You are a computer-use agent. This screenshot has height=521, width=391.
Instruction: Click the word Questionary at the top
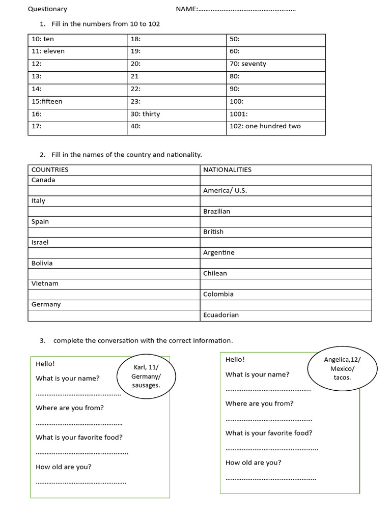point(47,9)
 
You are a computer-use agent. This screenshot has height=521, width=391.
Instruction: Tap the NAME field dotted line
point(247,10)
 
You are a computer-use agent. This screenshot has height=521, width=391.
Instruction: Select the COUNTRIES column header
point(50,170)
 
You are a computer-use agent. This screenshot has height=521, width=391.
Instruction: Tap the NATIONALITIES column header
point(227,170)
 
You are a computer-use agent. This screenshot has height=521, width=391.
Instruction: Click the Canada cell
point(43,180)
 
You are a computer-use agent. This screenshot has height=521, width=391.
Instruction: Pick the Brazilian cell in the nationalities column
point(217,211)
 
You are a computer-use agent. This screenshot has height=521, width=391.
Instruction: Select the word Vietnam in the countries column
point(45,283)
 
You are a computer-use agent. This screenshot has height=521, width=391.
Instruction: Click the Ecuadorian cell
point(221,315)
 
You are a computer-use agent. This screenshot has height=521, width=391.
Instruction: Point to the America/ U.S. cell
point(225,190)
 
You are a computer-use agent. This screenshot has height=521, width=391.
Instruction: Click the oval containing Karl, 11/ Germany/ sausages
point(146,377)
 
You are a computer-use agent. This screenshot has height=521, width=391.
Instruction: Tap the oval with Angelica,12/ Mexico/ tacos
point(342,368)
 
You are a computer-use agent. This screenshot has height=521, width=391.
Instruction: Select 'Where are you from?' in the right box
point(260,403)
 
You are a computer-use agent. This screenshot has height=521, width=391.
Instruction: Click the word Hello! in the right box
point(235,359)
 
